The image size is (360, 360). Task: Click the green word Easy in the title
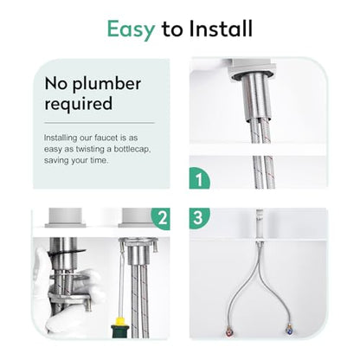coord(132,29)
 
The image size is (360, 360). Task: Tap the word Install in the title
coord(221,29)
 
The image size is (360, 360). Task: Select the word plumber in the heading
coord(106,85)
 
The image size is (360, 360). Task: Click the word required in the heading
coord(79,104)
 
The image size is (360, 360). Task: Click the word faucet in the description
coord(106,138)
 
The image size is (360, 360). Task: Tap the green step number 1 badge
coord(199,178)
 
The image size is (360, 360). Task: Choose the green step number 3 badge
coord(198,218)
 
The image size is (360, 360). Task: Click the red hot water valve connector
coord(229,329)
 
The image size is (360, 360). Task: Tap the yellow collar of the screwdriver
coord(119,320)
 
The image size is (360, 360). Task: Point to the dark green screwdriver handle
coord(119,331)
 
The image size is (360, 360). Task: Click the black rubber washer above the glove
coord(68,252)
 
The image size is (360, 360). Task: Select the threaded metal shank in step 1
coord(257,97)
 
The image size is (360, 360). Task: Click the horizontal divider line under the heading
coord(100,123)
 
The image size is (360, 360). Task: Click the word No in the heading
coord(56,84)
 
